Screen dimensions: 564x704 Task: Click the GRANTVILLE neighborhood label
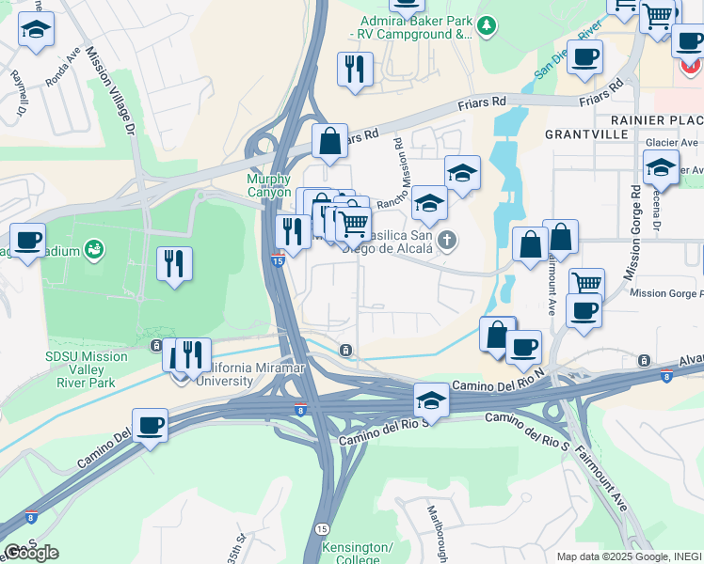(586, 134)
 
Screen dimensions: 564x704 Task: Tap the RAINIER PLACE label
(657, 120)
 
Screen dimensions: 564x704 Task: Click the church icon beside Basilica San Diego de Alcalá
(447, 241)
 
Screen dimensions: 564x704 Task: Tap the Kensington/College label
(356, 554)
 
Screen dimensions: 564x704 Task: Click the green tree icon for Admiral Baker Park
(486, 25)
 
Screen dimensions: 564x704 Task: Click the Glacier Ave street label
(672, 143)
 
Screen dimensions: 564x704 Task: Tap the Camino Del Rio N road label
(499, 382)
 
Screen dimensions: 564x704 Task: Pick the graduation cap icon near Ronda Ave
(36, 31)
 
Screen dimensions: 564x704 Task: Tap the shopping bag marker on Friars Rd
(329, 142)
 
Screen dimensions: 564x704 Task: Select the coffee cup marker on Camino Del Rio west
(150, 427)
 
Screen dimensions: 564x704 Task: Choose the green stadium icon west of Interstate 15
(94, 249)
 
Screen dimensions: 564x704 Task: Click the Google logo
(31, 553)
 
